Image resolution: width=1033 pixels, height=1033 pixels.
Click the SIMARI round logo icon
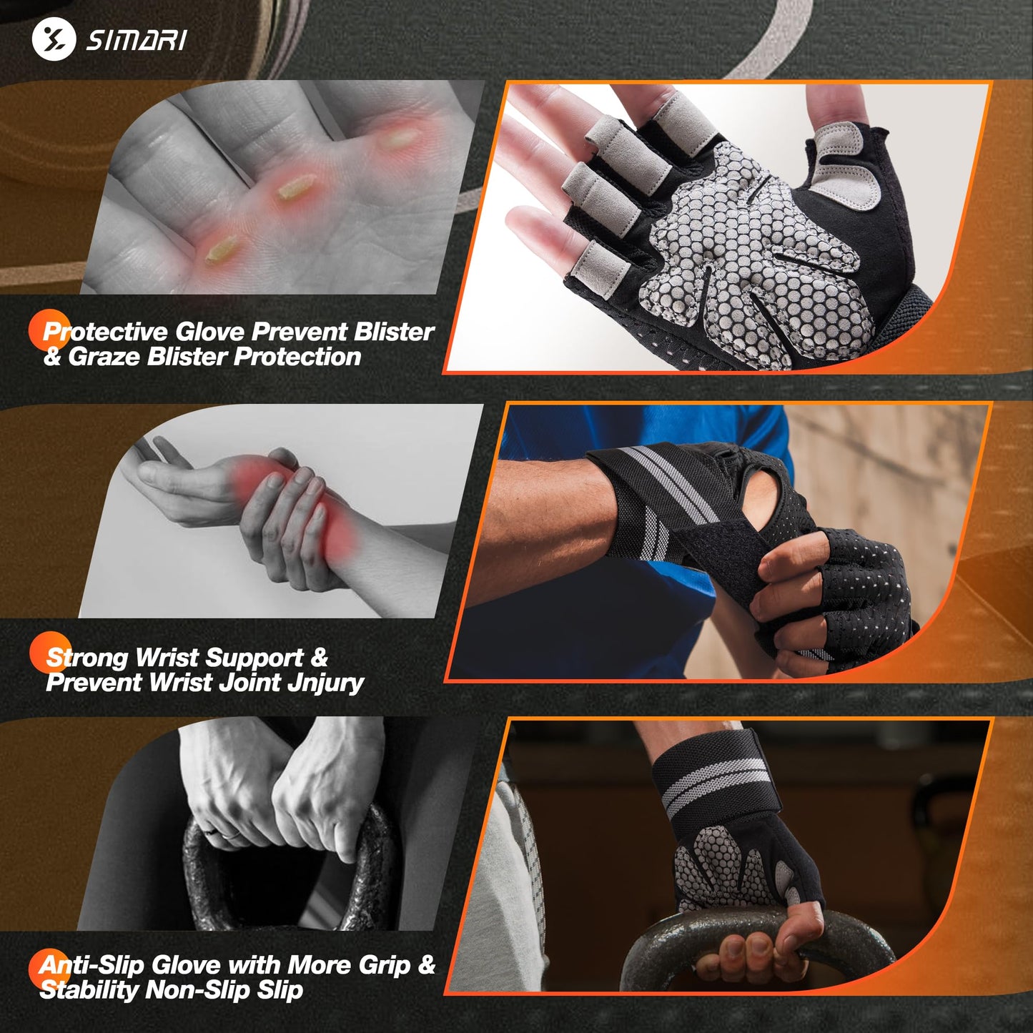54,39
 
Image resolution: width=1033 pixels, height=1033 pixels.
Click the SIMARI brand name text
137,40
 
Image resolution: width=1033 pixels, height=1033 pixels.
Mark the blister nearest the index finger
397,139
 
